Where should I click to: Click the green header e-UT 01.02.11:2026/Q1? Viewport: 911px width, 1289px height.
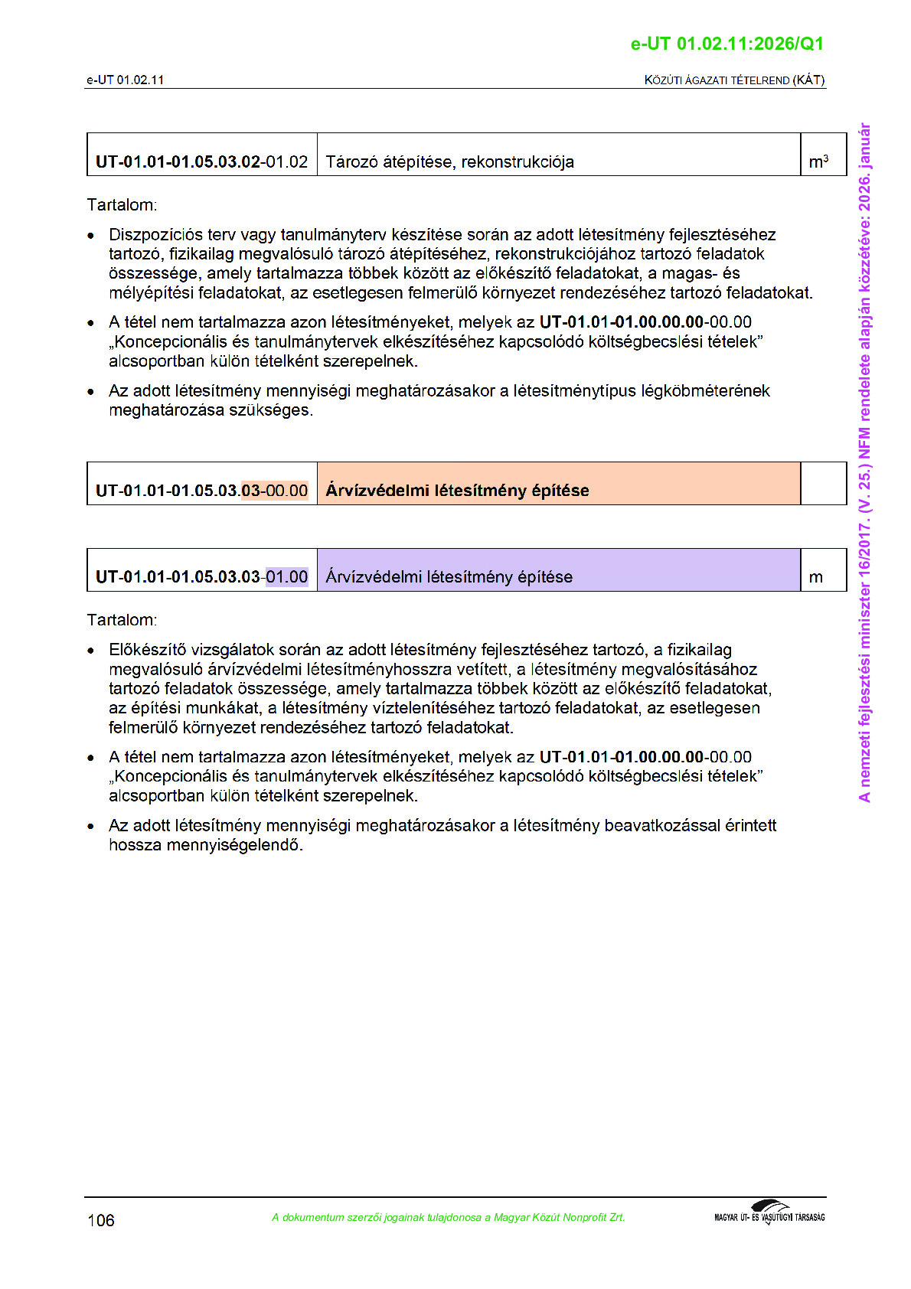tap(727, 44)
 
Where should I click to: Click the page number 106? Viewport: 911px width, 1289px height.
tap(101, 1220)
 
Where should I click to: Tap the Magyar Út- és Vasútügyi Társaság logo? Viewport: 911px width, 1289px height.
tap(769, 1212)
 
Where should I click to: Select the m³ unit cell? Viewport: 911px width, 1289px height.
tap(818, 162)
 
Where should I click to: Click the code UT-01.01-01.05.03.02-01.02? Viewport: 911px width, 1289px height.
tap(201, 162)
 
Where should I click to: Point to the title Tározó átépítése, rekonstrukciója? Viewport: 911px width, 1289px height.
tap(449, 162)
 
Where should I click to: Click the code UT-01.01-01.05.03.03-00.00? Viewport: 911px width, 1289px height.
tap(201, 491)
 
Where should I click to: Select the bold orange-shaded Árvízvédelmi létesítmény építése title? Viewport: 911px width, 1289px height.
tap(457, 491)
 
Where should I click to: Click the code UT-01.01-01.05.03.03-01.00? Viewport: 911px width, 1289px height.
tap(201, 577)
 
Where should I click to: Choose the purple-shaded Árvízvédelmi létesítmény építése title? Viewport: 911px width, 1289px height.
tap(449, 577)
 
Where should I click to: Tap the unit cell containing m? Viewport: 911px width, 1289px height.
tap(816, 577)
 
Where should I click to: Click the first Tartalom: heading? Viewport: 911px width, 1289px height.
tap(122, 205)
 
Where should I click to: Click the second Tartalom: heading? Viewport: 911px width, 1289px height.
tap(122, 620)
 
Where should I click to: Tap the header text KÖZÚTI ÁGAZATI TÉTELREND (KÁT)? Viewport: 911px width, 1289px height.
tap(734, 80)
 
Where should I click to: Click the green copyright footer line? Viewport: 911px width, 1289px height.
tap(448, 1217)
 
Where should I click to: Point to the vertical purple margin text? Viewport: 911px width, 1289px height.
tap(864, 462)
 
